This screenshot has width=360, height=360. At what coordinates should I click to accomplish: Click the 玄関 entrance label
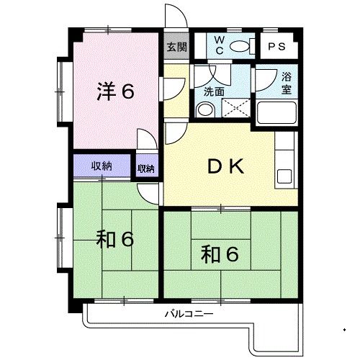[x=176, y=47]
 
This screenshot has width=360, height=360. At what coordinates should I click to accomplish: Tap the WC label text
[x=220, y=45]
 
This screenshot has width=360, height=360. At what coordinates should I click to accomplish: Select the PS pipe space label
[x=276, y=47]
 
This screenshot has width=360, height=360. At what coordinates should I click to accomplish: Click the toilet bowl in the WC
[x=240, y=46]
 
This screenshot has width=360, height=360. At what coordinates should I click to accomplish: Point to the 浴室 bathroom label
[x=287, y=84]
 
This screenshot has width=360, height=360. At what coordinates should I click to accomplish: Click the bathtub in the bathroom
[x=276, y=112]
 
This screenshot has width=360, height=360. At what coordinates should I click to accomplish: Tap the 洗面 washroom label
[x=214, y=91]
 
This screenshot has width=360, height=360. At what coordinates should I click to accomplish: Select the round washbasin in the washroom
[x=205, y=110]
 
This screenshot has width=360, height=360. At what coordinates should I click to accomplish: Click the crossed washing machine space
[x=236, y=108]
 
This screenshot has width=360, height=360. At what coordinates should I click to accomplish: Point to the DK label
[x=225, y=166]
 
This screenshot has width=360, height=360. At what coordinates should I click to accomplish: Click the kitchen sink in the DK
[x=284, y=176]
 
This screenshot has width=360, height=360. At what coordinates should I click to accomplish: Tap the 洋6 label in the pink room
[x=115, y=91]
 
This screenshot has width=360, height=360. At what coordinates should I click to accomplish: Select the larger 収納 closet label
[x=102, y=166]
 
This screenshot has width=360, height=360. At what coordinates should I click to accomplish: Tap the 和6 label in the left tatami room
[x=114, y=239]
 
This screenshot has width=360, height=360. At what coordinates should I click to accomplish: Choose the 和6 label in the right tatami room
[x=220, y=254]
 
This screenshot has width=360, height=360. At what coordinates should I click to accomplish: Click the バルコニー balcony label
[x=189, y=314]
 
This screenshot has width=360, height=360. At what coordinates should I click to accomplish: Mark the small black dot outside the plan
[x=345, y=330]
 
